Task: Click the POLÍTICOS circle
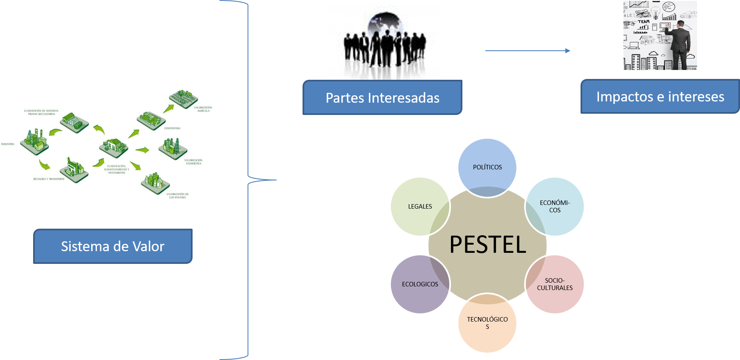tap(487, 167)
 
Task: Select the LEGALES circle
tap(420, 207)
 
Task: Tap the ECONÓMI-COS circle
tap(555, 207)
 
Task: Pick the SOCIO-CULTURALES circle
tap(555, 284)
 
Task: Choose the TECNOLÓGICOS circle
tap(487, 323)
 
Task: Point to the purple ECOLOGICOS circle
tap(420, 284)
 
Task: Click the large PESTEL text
tap(488, 245)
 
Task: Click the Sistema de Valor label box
tap(113, 246)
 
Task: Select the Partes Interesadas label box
tap(382, 98)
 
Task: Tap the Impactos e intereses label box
tap(660, 97)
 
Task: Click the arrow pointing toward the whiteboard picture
tap(527, 51)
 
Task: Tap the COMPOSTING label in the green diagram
tap(172, 128)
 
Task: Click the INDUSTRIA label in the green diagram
tap(8, 144)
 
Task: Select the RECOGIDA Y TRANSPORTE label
tap(49, 179)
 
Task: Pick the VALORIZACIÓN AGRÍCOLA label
tap(203, 109)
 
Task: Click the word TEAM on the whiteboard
tap(644, 22)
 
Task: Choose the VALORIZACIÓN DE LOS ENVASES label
tap(177, 196)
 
